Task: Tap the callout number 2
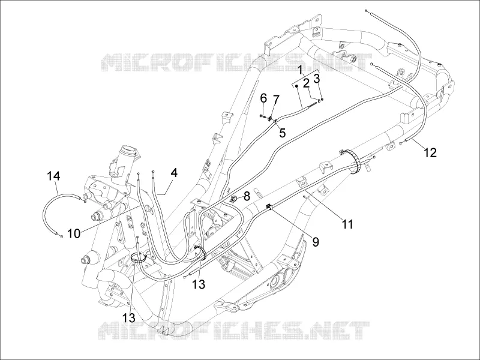[307, 83]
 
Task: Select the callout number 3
[317, 79]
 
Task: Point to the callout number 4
[174, 173]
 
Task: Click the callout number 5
[282, 133]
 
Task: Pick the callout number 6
[263, 98]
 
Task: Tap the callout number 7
[276, 100]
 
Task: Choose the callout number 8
[247, 196]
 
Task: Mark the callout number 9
[316, 242]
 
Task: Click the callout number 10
[73, 233]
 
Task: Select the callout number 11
[347, 224]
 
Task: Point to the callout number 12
[430, 152]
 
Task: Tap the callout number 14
[53, 176]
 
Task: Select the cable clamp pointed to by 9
[269, 206]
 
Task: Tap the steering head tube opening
[129, 151]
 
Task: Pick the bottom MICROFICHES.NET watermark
[235, 331]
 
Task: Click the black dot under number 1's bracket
[296, 86]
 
